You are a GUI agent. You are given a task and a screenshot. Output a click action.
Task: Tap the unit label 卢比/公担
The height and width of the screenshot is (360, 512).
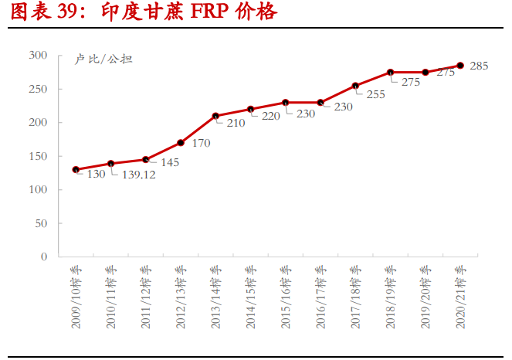pos(103,59)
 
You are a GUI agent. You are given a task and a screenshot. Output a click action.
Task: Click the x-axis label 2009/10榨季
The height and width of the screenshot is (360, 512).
pos(76,297)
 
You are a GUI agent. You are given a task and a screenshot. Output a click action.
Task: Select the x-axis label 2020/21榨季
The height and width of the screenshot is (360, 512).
pos(460,297)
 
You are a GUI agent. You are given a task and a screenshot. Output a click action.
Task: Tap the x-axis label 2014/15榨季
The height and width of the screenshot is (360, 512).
pos(250,297)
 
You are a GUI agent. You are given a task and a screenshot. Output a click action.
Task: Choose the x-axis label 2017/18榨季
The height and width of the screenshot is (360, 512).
pos(355,297)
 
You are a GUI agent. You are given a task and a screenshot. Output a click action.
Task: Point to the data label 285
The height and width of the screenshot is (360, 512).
pos(479,66)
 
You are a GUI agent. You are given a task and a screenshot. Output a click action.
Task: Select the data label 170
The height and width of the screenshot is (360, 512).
pos(201,143)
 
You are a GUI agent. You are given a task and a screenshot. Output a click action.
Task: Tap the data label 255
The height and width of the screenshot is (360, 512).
pos(375,94)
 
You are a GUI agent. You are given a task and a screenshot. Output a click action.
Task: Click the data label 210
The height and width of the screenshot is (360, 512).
pos(236,123)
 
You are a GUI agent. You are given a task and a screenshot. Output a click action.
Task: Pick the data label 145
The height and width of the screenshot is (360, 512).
pos(169,163)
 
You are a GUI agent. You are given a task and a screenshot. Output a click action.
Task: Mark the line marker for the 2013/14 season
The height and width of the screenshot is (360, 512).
pos(215,116)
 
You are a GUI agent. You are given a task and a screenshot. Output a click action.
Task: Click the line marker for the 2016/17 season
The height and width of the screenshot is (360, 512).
pos(320,103)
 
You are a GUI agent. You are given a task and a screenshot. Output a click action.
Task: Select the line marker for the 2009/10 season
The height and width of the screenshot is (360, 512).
pos(76,169)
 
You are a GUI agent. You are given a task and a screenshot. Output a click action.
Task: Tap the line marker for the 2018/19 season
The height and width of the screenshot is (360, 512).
pos(391,73)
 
